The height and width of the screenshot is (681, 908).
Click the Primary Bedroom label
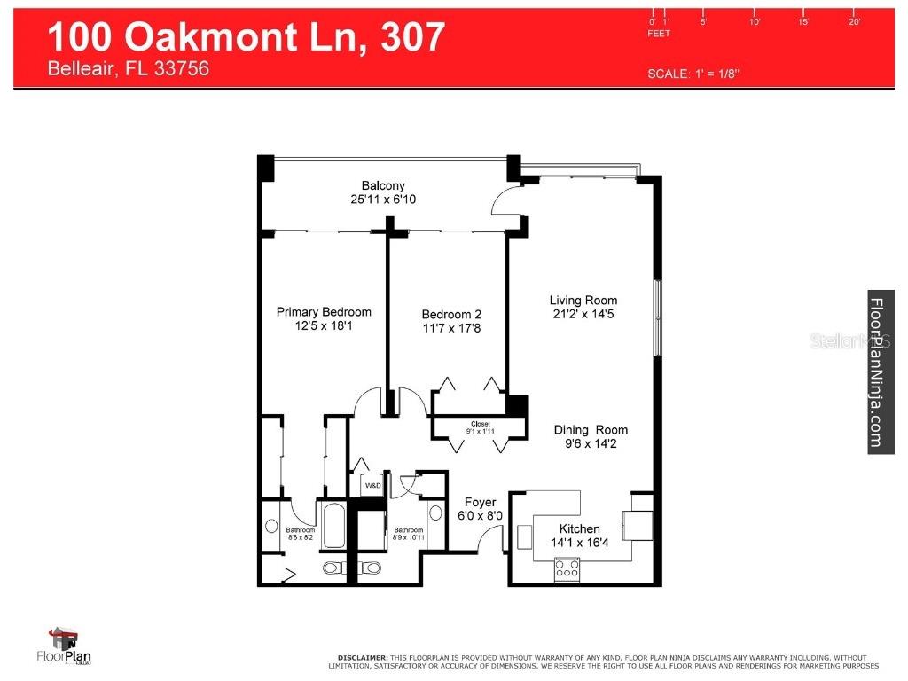pos(324,312)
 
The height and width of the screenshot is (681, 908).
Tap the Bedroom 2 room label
pos(451,315)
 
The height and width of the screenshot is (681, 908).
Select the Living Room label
pos(583,301)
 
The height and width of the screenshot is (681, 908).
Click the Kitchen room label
pos(579,529)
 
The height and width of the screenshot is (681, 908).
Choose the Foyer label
pos(481,503)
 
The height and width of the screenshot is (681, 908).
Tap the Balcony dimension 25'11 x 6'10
pos(383,200)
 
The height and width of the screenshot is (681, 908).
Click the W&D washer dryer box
pos(371,486)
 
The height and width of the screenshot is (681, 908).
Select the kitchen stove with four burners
pos(567,568)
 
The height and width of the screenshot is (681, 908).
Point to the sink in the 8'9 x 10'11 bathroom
pos(434,513)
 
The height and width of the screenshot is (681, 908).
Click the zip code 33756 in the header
pos(181,68)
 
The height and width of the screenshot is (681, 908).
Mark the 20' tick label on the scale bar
pos(855,21)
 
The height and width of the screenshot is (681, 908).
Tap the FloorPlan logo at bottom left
pos(64,647)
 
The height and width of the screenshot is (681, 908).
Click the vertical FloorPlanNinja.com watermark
pos(879,372)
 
